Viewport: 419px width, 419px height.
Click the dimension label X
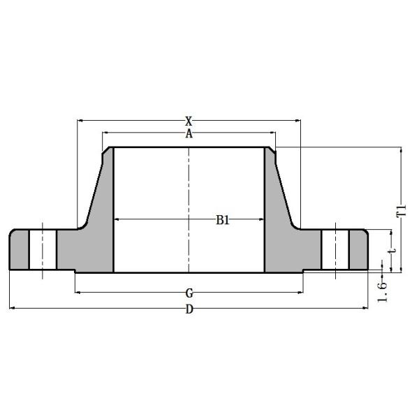coord(189,121)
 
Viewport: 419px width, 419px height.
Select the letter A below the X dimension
coord(189,134)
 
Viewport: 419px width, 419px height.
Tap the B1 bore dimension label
coord(223,220)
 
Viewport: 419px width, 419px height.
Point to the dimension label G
coord(189,292)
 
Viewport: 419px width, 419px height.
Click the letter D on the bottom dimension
coord(189,310)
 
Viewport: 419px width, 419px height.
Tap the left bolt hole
coord(42,249)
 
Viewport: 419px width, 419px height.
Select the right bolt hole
coord(335,249)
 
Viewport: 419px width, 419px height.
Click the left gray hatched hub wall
coord(98,223)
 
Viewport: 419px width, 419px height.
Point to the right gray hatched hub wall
coord(279,223)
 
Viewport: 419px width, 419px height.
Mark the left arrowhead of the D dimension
coord(12,308)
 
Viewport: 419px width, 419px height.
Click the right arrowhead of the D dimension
coord(365,308)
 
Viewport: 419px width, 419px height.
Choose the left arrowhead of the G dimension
coord(78,292)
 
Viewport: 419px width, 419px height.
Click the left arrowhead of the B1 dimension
coord(117,220)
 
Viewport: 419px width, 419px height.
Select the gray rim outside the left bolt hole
coord(17,249)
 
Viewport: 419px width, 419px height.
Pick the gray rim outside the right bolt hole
coord(359,249)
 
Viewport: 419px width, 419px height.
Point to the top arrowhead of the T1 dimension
coord(401,150)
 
